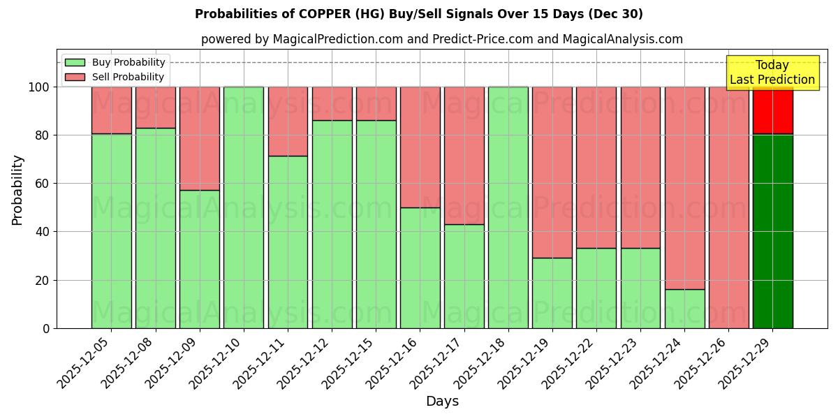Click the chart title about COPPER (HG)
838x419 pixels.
tap(419, 14)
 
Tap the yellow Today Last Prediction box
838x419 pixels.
tap(772, 73)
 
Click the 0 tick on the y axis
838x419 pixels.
tap(46, 328)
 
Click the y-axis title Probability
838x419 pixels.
tap(17, 190)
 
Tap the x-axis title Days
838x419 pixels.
tap(442, 402)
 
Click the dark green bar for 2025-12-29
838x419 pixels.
tap(772, 230)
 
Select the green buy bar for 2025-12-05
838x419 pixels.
tap(111, 230)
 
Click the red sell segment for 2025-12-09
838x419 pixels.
tap(199, 138)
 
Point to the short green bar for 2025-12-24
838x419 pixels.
tap(684, 309)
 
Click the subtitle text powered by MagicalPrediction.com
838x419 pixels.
tap(441, 39)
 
